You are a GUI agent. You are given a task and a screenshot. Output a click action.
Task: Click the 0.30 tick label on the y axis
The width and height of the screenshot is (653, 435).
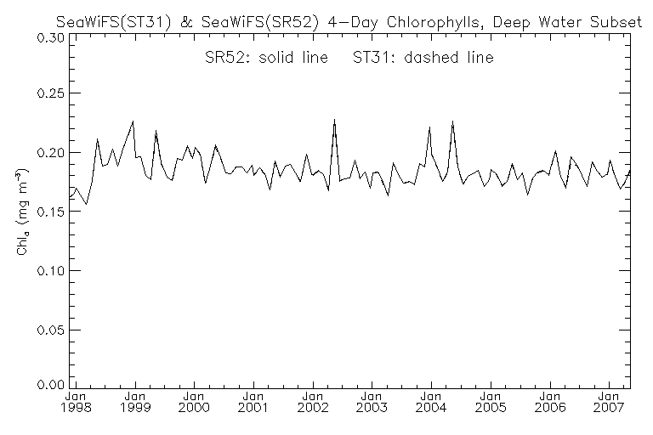pos(48,38)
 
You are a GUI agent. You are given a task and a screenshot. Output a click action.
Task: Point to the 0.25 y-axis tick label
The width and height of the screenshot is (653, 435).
pos(48,93)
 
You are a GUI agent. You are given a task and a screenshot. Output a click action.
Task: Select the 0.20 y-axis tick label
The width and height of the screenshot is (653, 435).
pos(48,153)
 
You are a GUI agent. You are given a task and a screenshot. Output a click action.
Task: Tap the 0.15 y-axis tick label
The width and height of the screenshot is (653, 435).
pos(48,212)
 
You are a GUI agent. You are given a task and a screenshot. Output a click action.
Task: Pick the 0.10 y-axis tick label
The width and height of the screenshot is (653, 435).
pos(48,270)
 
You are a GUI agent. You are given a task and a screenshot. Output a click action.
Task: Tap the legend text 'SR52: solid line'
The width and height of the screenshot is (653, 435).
pos(244,59)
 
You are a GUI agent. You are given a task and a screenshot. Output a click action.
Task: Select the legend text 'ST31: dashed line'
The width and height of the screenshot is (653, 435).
pos(430,59)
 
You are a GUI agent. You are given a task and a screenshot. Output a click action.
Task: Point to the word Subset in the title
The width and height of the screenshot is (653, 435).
pos(617,21)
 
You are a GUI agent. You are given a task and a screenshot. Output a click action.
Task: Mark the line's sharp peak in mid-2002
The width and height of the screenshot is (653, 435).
pos(334,120)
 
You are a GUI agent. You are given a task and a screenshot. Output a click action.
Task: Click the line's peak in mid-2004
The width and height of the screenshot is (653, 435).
pos(452,121)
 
